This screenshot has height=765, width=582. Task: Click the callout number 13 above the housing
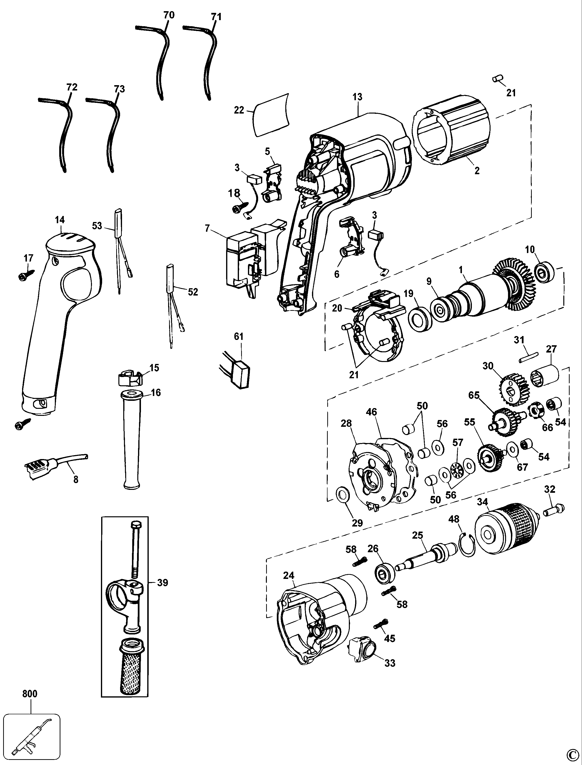pos(358,97)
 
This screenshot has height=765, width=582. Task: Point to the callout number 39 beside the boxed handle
pos(163,583)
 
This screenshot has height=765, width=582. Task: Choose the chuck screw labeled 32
pos(554,510)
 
